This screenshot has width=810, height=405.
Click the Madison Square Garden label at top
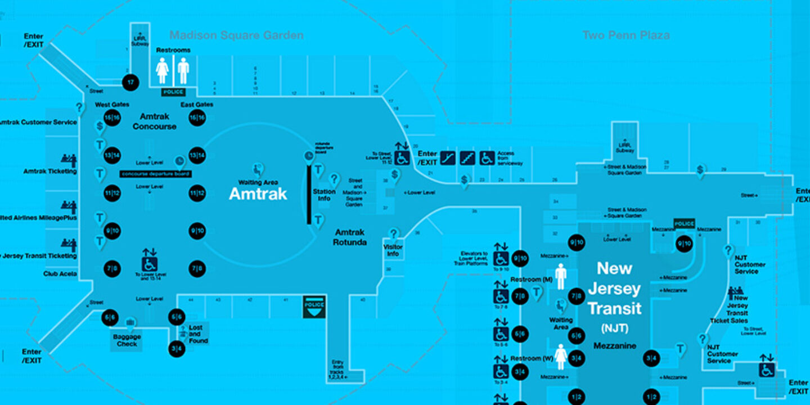(x=236, y=35)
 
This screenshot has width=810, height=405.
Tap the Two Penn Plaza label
(x=626, y=35)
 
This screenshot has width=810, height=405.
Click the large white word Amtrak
(x=258, y=194)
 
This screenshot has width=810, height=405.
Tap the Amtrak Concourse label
(x=154, y=121)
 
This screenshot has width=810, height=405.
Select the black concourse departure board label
(x=156, y=174)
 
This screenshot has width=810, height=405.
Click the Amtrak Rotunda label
(x=350, y=237)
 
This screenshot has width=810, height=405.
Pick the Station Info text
(x=324, y=195)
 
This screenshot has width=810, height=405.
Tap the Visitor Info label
(x=393, y=250)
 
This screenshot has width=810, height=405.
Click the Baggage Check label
(x=127, y=340)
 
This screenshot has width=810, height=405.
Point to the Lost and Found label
(x=198, y=334)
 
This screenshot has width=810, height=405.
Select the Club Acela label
(x=60, y=274)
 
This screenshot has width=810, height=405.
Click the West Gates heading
(x=112, y=105)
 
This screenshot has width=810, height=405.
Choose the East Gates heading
(x=197, y=105)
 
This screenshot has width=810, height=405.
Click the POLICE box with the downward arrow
(x=314, y=307)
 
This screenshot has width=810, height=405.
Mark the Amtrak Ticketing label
(x=50, y=171)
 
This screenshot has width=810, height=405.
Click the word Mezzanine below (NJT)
(x=614, y=346)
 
